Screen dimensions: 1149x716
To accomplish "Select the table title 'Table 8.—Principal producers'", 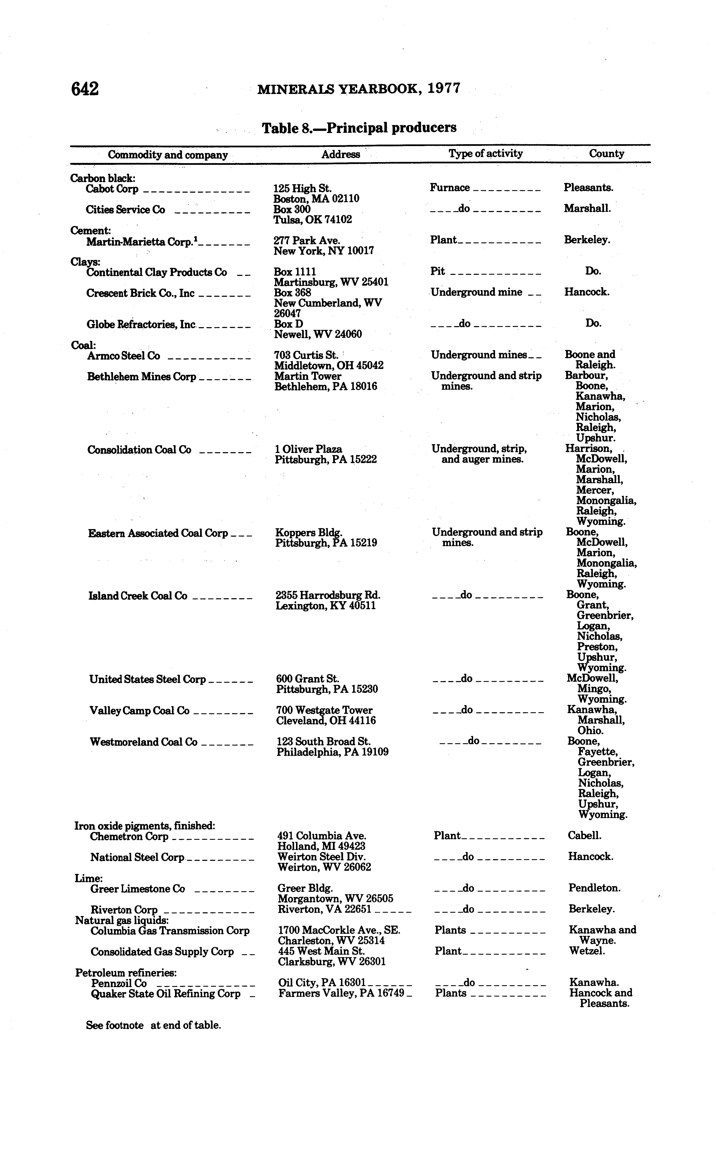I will (x=359, y=128).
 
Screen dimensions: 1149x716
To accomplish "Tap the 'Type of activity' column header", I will (x=485, y=153).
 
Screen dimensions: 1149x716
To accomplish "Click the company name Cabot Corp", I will (x=112, y=189).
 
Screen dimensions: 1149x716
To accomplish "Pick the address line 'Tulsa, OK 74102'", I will (x=312, y=220).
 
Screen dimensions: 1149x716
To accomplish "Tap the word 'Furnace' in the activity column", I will (x=449, y=187).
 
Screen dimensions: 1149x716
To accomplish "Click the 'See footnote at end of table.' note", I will (x=153, y=1025).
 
